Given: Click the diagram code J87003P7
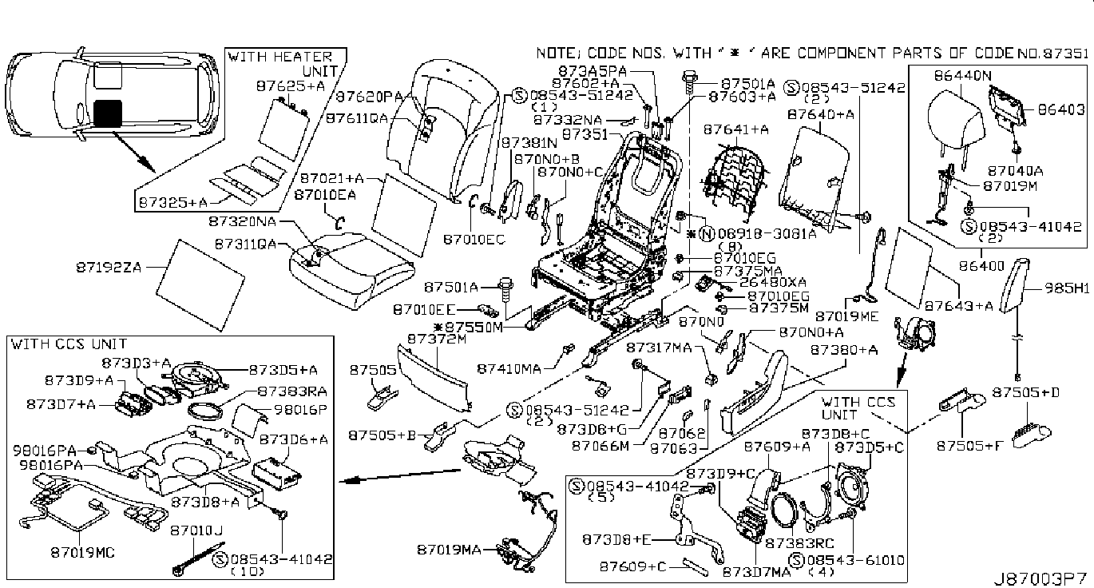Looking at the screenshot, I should pos(1040,578).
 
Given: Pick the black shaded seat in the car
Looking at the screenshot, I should pos(107,113).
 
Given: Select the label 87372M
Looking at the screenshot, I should pos(436,340).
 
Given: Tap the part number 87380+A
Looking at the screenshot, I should pos(844,349).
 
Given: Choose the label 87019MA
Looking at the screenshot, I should pos(449,550).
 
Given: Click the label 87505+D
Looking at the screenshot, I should pos(1025,392).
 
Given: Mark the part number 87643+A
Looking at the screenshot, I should pos(956,305).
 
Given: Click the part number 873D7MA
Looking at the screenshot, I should pos(756,572).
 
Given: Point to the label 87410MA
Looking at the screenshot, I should pos(509,368).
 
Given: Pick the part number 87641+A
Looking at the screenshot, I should pos(735,129).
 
